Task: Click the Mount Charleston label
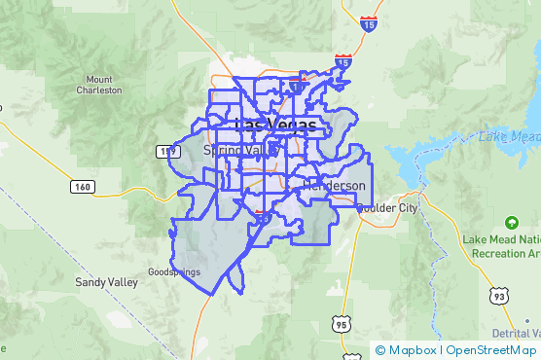point(99,85)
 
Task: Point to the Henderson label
point(334,185)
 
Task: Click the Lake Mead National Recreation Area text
point(502,246)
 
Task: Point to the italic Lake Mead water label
point(509,137)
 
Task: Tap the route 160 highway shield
point(82,185)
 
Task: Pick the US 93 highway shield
point(498,296)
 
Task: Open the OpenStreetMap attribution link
point(491,350)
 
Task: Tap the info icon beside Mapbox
point(380,350)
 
